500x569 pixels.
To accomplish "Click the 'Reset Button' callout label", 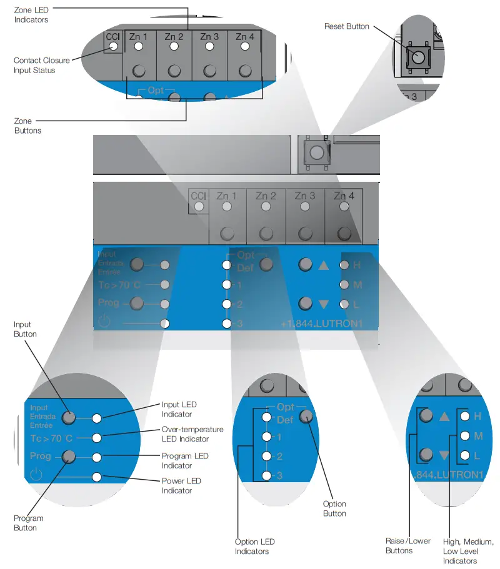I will pyautogui.click(x=346, y=26).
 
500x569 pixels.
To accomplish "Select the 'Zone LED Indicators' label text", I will pyautogui.click(x=31, y=15).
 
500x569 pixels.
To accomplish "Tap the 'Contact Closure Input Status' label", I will pyautogui.click(x=34, y=66).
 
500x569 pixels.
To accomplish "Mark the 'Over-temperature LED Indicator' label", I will pyautogui.click(x=192, y=435).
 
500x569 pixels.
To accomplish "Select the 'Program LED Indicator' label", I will pyautogui.click(x=185, y=461).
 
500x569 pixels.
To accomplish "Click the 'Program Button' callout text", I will pyautogui.click(x=29, y=523).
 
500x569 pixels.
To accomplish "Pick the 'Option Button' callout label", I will pyautogui.click(x=334, y=508).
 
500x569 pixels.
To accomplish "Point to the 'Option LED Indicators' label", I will pyautogui.click(x=254, y=547).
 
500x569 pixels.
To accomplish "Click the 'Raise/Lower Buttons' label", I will pyautogui.click(x=408, y=545).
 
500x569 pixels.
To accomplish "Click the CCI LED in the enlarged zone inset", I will pyautogui.click(x=112, y=47).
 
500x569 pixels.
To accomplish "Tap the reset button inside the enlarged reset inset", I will pyautogui.click(x=416, y=58).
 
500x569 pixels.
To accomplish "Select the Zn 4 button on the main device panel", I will pyautogui.click(x=344, y=233).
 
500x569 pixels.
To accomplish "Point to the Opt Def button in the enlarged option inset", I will pyautogui.click(x=306, y=416).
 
